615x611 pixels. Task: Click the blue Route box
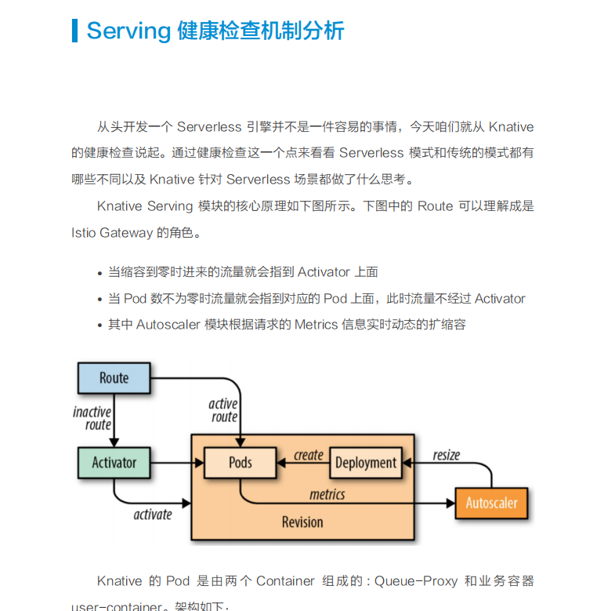114,378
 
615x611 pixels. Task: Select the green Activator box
114,463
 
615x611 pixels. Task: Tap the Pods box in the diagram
240,463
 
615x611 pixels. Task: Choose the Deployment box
365,463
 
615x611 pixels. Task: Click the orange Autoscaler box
491,503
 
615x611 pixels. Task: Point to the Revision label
302,522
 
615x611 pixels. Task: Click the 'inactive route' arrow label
92,418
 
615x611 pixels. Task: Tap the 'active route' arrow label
223,410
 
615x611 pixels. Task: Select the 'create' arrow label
308,455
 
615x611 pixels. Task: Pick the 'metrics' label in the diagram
327,494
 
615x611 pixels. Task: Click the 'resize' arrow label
446,455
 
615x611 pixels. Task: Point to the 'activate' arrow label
152,515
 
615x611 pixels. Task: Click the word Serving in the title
128,31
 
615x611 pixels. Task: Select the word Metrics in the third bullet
316,324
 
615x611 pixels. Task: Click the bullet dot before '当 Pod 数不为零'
99,300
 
